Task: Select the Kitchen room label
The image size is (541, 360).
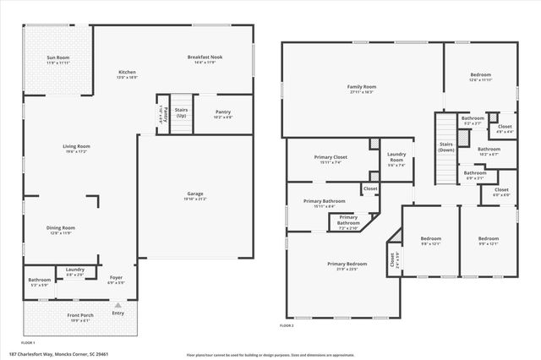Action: [x=127, y=73]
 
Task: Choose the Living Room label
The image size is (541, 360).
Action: [x=76, y=147]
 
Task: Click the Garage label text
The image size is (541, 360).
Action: [x=195, y=194]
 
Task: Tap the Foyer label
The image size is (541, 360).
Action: [x=117, y=277]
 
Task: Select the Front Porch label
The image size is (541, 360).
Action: [x=81, y=315]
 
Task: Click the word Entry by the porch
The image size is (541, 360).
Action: [x=117, y=314]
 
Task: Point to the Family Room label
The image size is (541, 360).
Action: [x=361, y=86]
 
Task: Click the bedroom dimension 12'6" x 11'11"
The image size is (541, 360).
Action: [x=480, y=79]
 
